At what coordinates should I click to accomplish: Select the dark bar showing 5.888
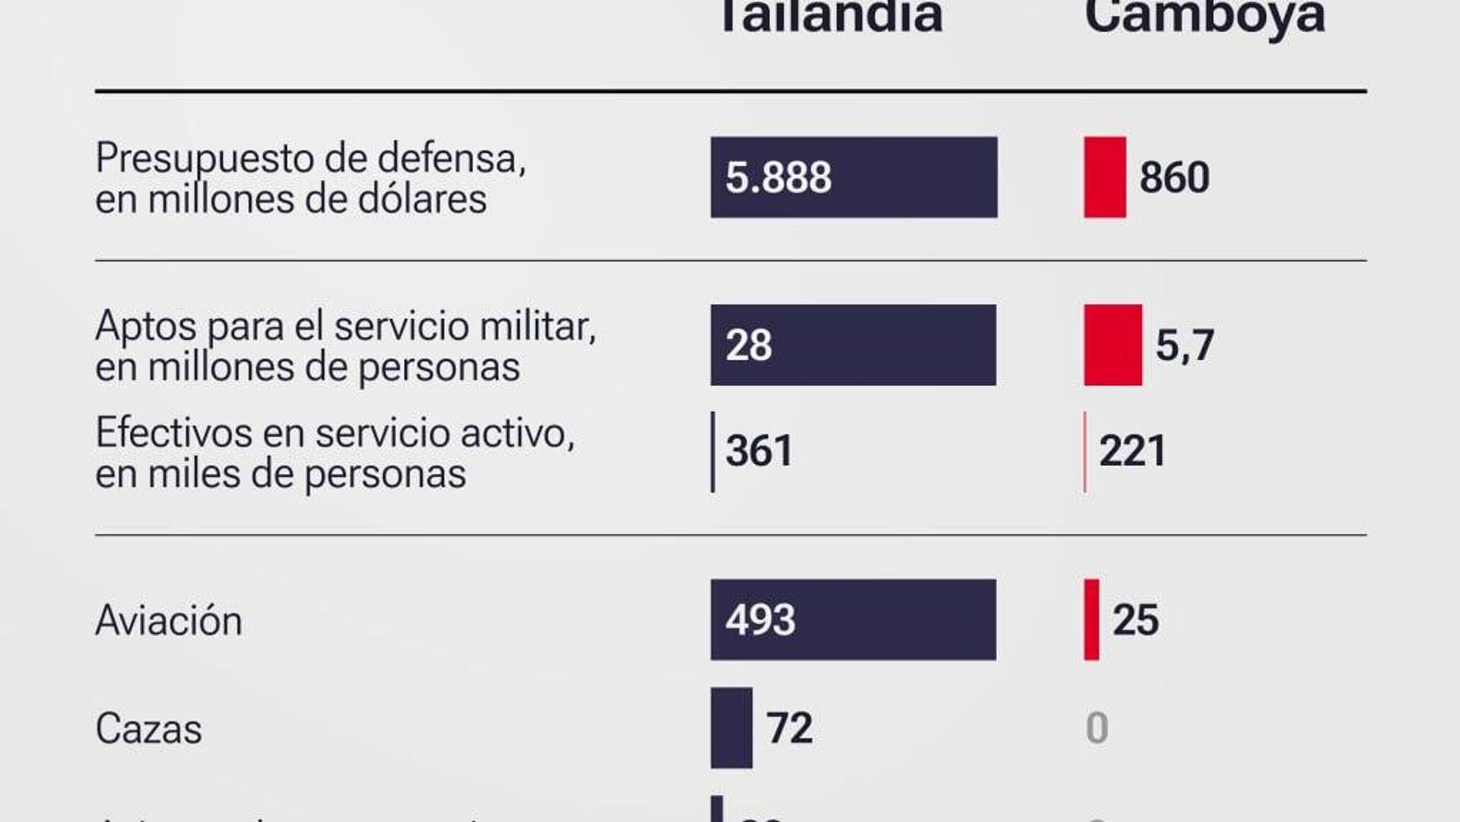(x=853, y=177)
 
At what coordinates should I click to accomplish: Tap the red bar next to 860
(x=1104, y=177)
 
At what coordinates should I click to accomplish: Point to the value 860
(x=1174, y=178)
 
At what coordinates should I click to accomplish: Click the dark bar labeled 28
(x=852, y=345)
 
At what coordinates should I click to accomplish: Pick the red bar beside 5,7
(x=1112, y=345)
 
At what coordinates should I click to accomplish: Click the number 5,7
(x=1184, y=346)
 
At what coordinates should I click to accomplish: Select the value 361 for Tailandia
(x=759, y=451)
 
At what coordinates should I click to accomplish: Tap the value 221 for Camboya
(x=1132, y=451)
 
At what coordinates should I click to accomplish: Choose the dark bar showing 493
(x=852, y=620)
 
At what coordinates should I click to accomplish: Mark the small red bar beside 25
(x=1091, y=620)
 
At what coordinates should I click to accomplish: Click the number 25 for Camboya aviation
(x=1135, y=620)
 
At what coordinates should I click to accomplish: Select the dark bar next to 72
(x=731, y=728)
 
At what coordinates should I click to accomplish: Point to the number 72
(x=789, y=728)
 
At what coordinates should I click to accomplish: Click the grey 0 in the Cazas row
(x=1097, y=728)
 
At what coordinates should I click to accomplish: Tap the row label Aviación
(x=169, y=620)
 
